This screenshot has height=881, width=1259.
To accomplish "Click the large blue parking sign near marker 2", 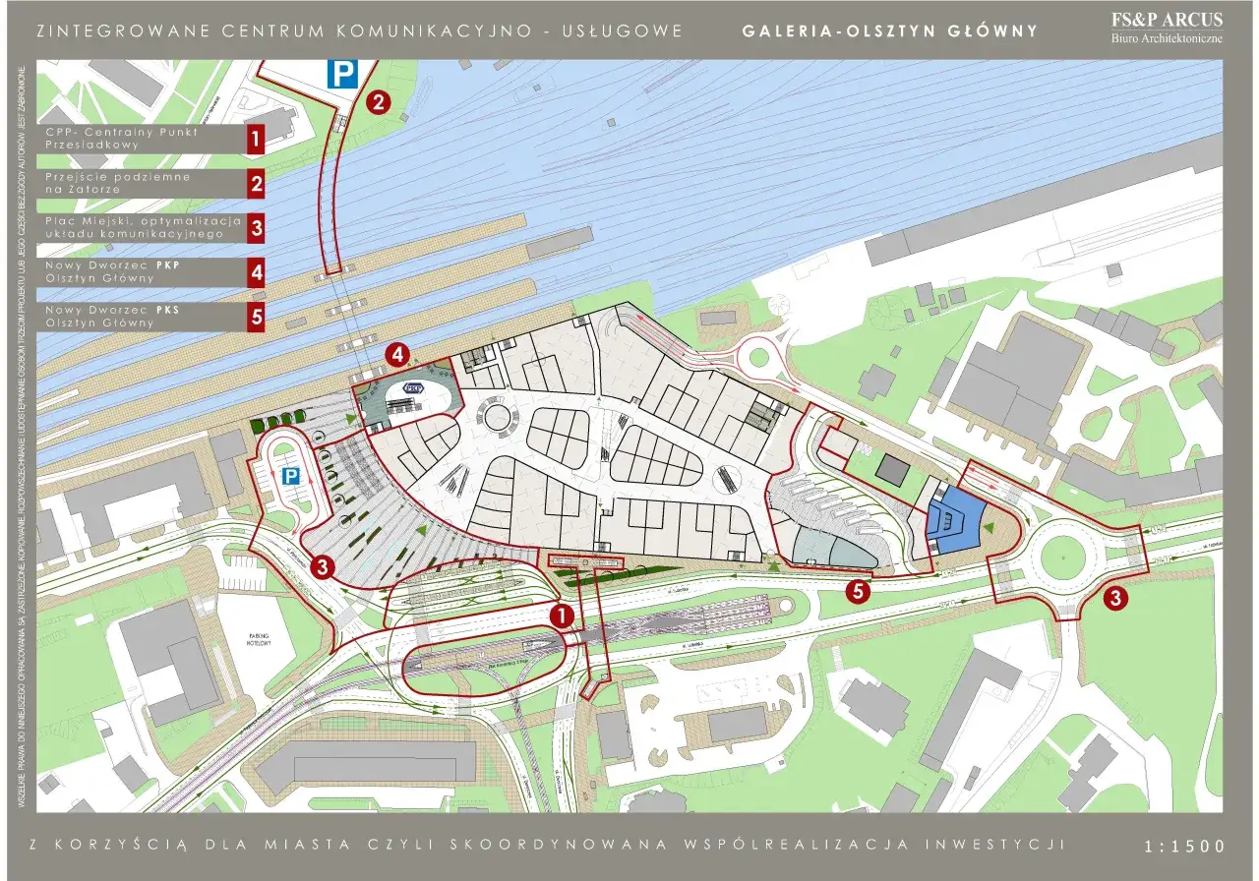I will (341, 74).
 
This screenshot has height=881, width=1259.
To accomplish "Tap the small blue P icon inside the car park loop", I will (291, 476).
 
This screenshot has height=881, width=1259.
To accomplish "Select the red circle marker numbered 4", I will (397, 353).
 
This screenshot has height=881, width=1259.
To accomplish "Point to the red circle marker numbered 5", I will (858, 591).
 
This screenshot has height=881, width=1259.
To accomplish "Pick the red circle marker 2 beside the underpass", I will (379, 100).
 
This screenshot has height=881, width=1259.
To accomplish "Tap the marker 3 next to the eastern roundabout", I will (1115, 597).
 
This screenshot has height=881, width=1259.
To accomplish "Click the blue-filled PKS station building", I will (954, 522).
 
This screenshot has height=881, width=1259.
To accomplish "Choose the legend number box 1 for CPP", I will (256, 139).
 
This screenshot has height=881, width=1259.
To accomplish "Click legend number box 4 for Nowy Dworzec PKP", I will (256, 271).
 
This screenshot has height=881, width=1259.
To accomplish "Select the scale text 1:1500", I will (1185, 847).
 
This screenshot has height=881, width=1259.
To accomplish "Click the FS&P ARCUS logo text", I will (1167, 21).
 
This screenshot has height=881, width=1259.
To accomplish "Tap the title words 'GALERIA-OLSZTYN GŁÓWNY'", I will (889, 30).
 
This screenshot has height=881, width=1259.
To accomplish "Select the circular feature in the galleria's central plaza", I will (503, 421).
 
